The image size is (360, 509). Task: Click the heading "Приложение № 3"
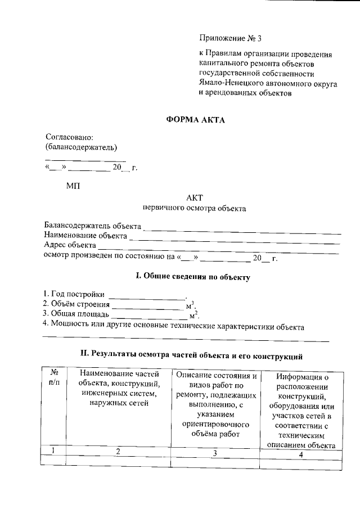click(x=231, y=39)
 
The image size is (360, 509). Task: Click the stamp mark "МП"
click(x=73, y=186)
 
